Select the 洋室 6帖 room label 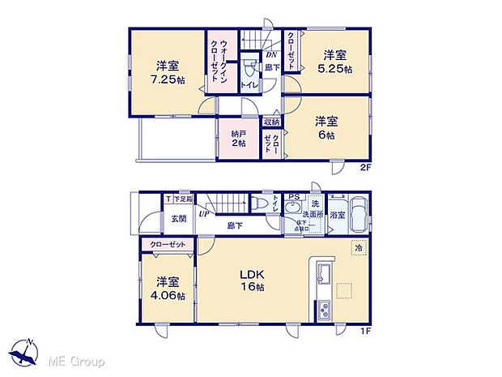[327, 127]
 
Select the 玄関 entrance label [179, 218]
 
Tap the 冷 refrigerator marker [356, 248]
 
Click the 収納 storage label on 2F [273, 122]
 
